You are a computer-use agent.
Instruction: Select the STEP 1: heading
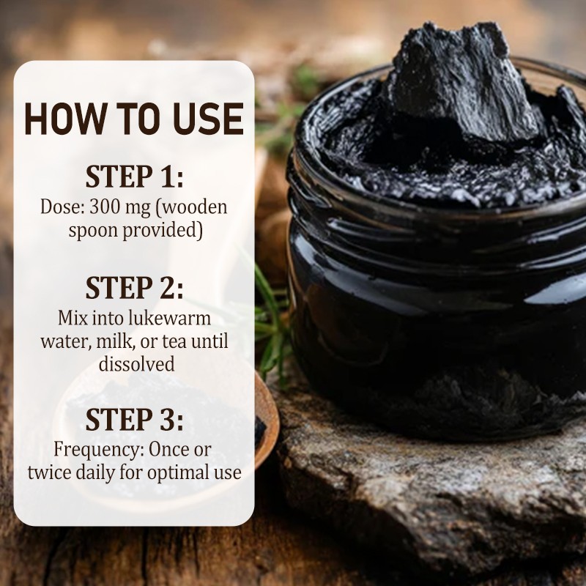coord(135,177)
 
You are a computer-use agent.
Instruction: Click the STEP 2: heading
coord(135,287)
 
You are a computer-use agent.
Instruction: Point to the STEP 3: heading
coord(135,419)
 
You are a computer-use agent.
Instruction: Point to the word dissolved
coord(137,363)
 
